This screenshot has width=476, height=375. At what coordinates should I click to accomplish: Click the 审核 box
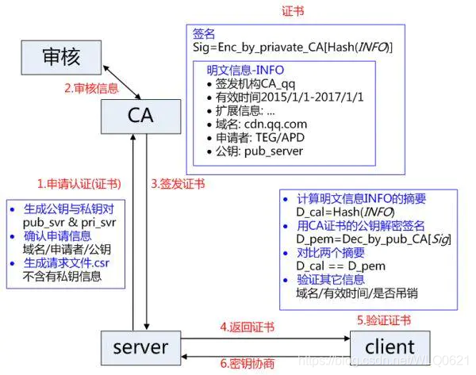(x=61, y=56)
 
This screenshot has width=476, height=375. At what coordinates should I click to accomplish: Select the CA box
(x=140, y=115)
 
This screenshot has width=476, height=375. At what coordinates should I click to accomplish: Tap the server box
(x=140, y=346)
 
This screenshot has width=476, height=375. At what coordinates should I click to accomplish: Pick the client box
(x=391, y=346)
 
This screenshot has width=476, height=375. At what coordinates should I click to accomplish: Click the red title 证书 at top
(x=292, y=12)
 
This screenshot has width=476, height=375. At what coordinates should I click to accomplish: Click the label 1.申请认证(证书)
(x=79, y=184)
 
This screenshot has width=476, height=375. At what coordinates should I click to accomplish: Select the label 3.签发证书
(x=178, y=184)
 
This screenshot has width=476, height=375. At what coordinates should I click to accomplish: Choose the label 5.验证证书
(x=384, y=320)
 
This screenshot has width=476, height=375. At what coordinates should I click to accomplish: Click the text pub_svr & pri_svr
(x=71, y=223)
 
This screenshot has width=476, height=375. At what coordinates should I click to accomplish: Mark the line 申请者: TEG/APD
(x=256, y=137)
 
